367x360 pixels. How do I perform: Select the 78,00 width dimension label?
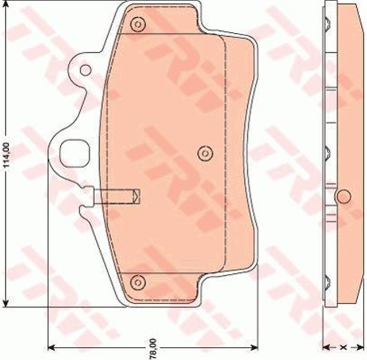coord(153,348)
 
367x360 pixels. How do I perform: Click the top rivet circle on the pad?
coord(136,25)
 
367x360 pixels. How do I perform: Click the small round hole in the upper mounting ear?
coord(85,70)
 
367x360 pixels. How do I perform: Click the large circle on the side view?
coord(343,196)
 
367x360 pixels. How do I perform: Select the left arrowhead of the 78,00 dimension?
coord(50,347)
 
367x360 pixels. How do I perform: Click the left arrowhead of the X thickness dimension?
coord(327,347)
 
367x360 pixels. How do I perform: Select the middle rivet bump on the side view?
coord(328,153)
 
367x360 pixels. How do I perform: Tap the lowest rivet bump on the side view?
coord(328,282)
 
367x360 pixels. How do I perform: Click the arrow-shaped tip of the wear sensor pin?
coord(135,195)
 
